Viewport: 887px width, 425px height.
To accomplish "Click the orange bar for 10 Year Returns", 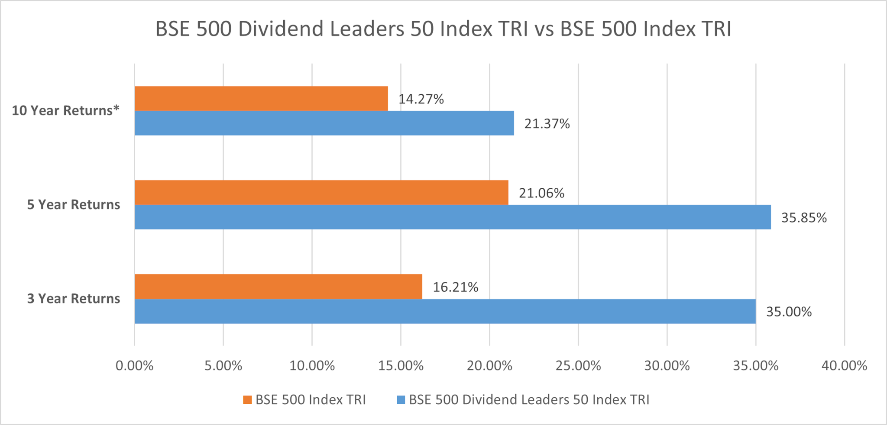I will tap(261, 98).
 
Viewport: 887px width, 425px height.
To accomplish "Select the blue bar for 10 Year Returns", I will tap(324, 123).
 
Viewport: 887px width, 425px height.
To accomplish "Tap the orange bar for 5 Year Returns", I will tap(321, 192).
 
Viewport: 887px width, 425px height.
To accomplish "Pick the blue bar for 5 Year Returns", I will tap(453, 217).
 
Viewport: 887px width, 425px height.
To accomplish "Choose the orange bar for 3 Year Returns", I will tap(278, 287).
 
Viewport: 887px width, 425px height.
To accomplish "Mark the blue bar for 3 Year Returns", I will tap(445, 311).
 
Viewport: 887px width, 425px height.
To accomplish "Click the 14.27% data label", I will tap(421, 99).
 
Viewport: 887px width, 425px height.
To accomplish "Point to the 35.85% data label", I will tap(804, 218).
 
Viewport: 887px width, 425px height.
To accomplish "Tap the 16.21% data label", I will tap(455, 287).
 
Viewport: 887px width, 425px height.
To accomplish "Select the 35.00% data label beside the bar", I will tap(789, 312).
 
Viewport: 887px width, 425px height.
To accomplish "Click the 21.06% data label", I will tap(541, 193).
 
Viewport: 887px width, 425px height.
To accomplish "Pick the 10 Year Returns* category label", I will tap(65, 111).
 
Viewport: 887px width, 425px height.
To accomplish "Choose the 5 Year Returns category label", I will tap(74, 205).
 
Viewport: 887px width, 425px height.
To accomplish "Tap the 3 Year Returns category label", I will tap(74, 299).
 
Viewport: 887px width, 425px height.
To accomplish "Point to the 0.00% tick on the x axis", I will tap(134, 366).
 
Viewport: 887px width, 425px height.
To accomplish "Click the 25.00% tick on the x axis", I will tap(578, 366).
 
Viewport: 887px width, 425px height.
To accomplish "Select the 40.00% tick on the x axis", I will tap(844, 366).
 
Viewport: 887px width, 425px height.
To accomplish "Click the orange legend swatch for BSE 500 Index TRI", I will tap(247, 399).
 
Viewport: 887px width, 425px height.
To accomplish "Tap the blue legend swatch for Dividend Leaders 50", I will tap(401, 399).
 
